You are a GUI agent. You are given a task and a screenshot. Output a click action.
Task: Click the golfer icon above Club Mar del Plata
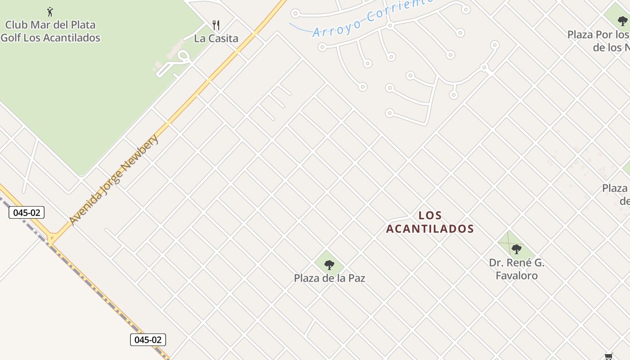coord(50,11)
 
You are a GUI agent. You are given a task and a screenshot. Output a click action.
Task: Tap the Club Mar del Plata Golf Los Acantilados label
coord(50,31)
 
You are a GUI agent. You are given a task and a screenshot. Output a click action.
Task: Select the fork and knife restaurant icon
coord(216,25)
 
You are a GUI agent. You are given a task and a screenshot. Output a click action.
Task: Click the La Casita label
coord(216,39)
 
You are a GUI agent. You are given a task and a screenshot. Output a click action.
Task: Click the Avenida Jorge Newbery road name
coord(114,179)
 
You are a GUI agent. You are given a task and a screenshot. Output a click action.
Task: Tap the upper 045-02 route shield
coord(27,213)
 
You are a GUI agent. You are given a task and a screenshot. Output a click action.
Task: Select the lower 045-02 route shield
coord(148,340)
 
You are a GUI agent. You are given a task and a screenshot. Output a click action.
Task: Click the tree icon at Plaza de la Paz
coord(329,265)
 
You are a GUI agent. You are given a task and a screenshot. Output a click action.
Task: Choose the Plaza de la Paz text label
coord(329,278)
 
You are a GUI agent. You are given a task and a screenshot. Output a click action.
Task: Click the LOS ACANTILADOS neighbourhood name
coord(430,222)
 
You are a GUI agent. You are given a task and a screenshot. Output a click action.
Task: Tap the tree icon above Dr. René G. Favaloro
coord(517,248)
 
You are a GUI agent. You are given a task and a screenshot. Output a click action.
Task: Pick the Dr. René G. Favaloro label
coord(517,269)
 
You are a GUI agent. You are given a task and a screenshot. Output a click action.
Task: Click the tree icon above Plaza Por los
coord(622,21)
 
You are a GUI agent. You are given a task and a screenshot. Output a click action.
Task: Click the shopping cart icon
coord(609,356)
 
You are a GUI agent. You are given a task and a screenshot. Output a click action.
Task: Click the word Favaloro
coord(517,275)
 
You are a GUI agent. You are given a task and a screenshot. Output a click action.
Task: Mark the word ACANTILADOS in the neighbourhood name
coord(430,229)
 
